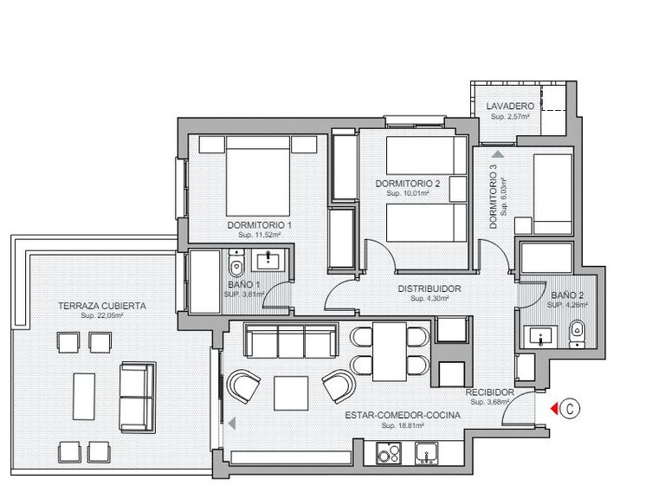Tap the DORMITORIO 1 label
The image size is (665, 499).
point(259,225)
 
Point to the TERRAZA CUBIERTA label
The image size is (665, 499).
point(102,306)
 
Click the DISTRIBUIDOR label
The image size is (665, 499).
point(428,288)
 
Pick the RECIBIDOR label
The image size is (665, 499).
point(490,392)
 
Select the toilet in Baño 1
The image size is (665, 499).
point(236,262)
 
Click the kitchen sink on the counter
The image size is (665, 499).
point(425,451)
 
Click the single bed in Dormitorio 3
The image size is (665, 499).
point(551,192)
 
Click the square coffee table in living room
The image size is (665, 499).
point(291,392)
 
